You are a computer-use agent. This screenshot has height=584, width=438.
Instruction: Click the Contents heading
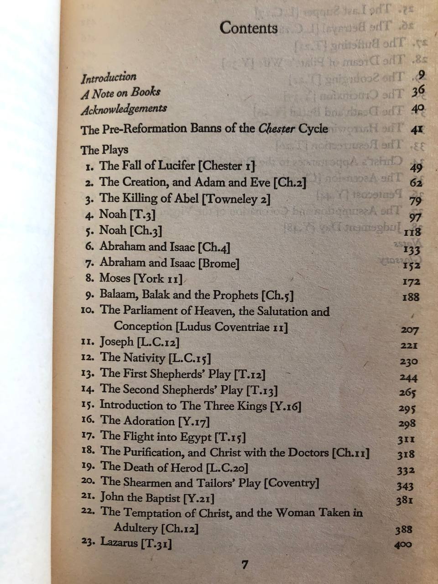(249, 28)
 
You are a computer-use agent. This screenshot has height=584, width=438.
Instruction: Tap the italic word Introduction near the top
(109, 77)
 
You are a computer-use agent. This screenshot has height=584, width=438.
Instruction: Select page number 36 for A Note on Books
(417, 92)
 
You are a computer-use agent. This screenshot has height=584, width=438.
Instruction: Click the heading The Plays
(104, 150)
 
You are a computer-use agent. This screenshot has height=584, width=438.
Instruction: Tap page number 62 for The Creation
(416, 183)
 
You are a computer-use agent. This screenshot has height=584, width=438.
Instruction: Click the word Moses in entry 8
(115, 278)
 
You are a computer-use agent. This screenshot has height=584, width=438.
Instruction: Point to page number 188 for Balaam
(411, 297)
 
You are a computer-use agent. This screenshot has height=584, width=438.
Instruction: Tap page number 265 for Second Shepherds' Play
(407, 392)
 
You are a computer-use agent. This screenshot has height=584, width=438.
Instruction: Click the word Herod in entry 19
(185, 467)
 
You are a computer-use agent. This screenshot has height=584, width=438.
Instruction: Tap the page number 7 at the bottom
(245, 565)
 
